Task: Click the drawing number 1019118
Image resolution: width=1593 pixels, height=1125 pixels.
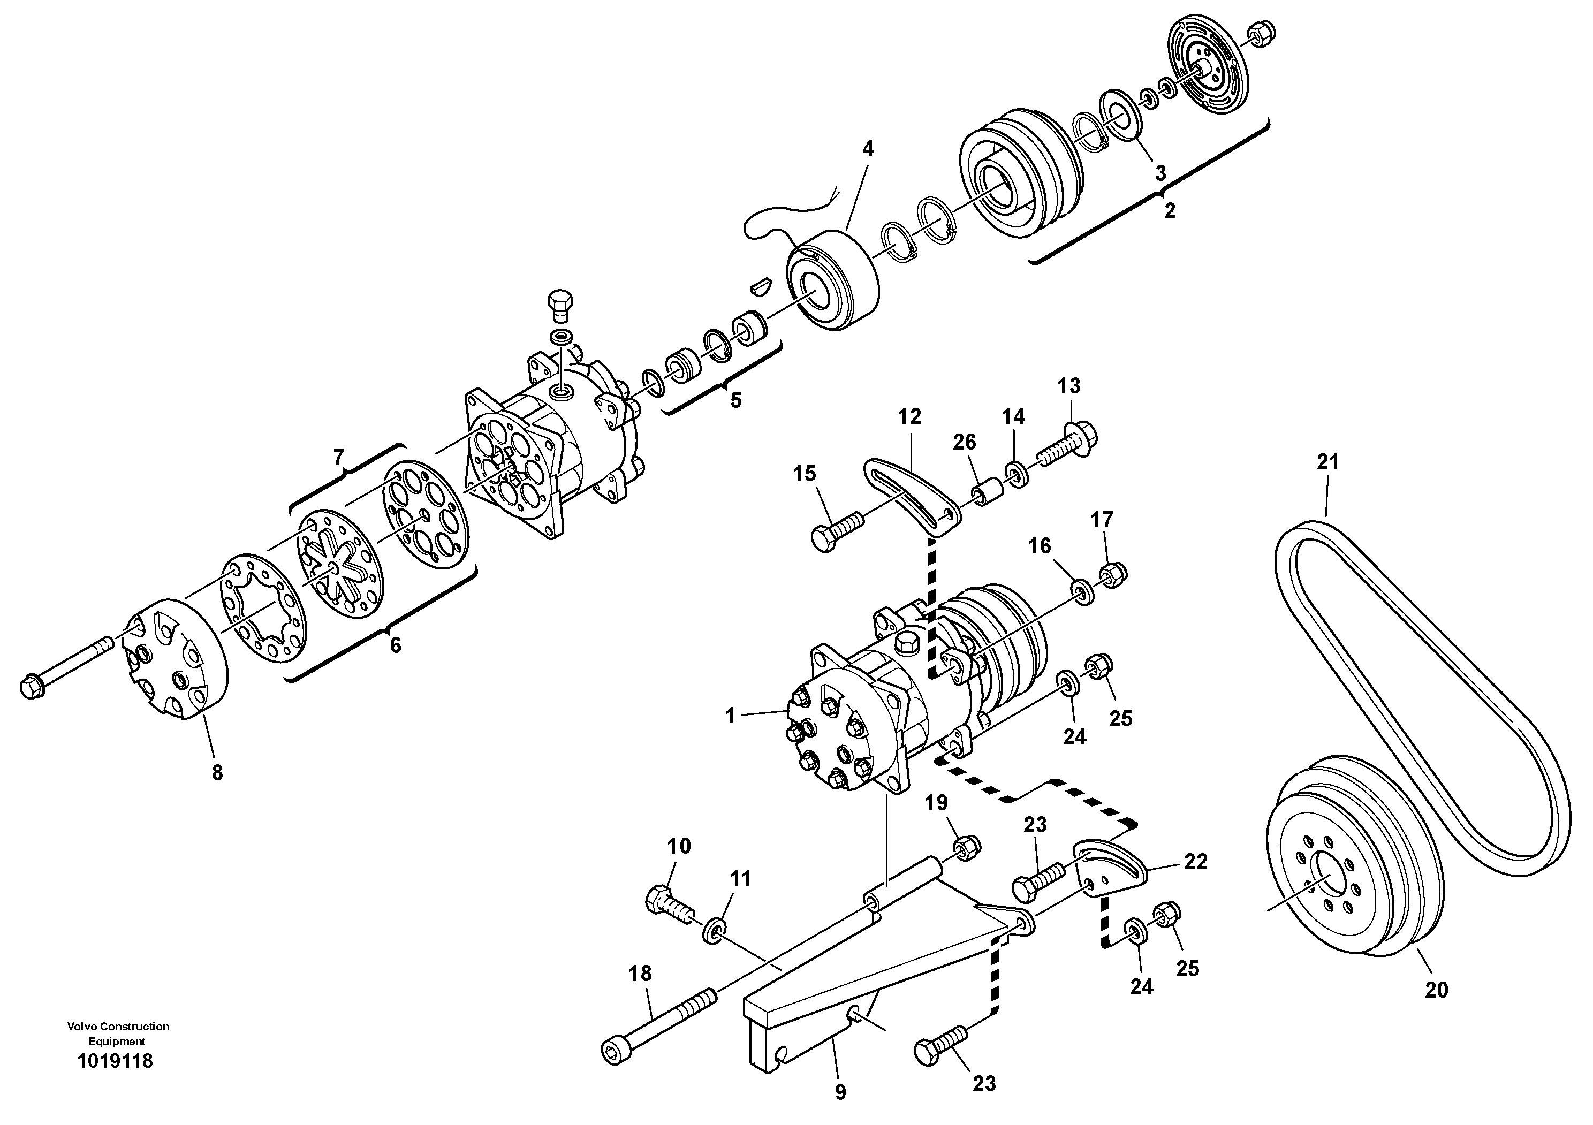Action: (115, 1061)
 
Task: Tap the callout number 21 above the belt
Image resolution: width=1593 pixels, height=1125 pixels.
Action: (1327, 462)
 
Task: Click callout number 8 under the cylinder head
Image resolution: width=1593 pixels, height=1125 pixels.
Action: (217, 773)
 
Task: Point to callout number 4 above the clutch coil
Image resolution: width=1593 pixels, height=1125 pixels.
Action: (868, 148)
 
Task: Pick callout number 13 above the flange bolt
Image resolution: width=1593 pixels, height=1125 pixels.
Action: (1069, 386)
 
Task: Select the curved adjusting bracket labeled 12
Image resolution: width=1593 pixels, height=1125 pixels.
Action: (909, 496)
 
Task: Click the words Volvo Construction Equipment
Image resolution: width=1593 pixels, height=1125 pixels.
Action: (118, 1033)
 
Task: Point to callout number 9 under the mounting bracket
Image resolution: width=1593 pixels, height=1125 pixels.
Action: (840, 1092)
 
